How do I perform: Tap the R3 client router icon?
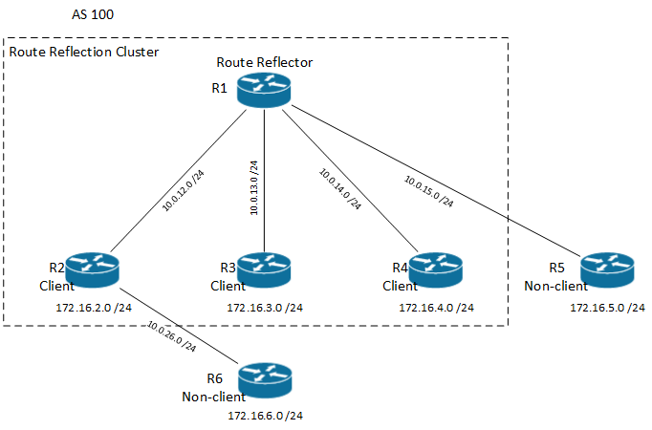click(x=264, y=270)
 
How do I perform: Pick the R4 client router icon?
click(x=435, y=270)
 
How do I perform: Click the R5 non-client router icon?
click(x=606, y=270)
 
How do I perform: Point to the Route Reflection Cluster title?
click(x=84, y=52)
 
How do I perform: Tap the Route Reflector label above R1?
click(x=265, y=63)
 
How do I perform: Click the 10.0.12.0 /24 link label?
click(x=184, y=190)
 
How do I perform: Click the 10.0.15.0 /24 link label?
click(x=427, y=191)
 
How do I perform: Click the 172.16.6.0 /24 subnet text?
click(x=265, y=416)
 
